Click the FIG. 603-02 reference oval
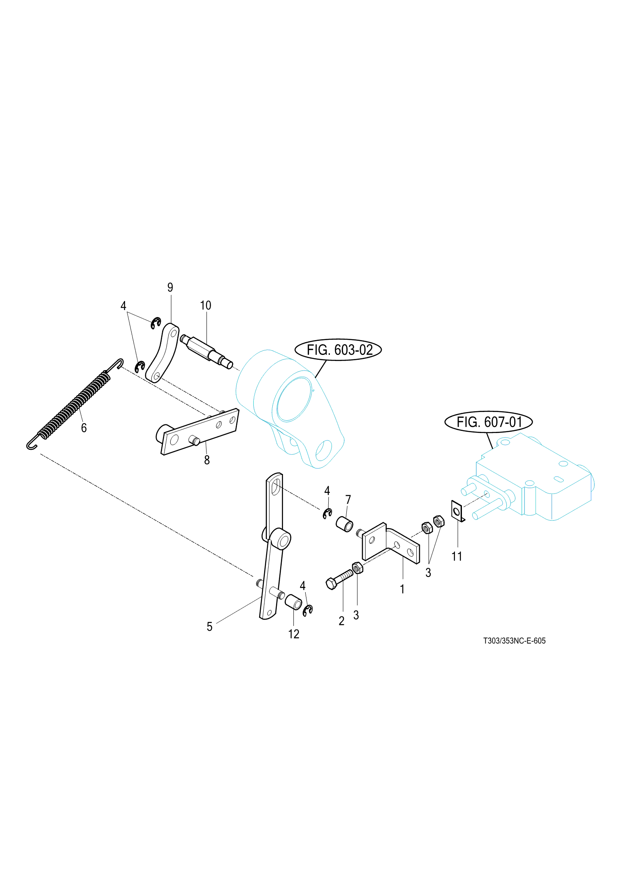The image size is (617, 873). click(x=338, y=350)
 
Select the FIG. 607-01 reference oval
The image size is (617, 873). click(x=488, y=422)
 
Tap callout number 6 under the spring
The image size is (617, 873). click(x=84, y=428)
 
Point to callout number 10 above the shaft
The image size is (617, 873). click(x=205, y=306)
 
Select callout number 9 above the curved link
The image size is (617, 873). click(x=170, y=287)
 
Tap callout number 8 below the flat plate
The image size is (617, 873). click(x=207, y=460)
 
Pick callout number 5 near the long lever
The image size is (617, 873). click(x=209, y=627)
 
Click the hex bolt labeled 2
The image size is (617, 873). click(x=339, y=578)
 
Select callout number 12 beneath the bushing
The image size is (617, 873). click(x=294, y=634)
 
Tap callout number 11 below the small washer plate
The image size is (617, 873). click(x=457, y=556)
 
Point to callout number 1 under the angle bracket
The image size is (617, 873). click(x=402, y=589)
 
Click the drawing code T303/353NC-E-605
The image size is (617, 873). click(x=514, y=641)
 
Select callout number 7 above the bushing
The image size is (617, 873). click(x=348, y=500)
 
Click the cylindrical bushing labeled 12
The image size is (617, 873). click(x=293, y=602)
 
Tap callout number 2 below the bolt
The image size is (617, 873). click(x=341, y=621)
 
